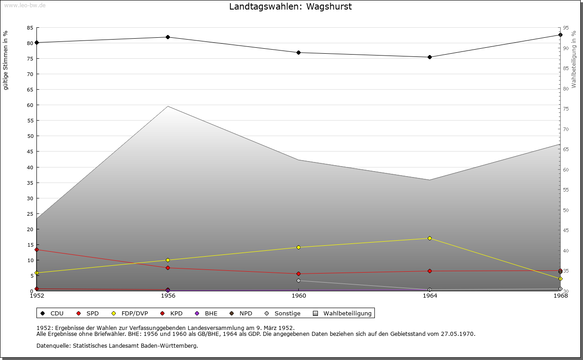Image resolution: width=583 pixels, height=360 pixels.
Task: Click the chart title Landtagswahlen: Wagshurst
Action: pos(290,6)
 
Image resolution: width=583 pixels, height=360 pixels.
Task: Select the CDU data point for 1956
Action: pos(168,37)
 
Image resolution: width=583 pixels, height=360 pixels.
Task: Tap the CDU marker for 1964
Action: pos(430,57)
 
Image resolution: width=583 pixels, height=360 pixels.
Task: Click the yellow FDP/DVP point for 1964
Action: pos(430,238)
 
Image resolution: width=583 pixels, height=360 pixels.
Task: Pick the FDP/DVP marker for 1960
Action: pos(298,247)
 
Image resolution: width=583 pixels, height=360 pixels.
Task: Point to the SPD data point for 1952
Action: pos(36,249)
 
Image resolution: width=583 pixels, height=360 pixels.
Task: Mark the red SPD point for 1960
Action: pos(298,274)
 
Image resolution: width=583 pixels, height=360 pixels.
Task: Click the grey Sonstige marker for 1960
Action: pos(298,280)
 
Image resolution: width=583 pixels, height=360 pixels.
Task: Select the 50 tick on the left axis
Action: pos(30,136)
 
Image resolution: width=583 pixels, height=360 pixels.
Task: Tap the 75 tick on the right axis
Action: pos(566,109)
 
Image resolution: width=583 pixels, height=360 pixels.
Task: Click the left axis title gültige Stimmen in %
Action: pos(6,60)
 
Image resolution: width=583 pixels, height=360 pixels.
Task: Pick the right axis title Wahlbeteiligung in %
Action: pos(574,60)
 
